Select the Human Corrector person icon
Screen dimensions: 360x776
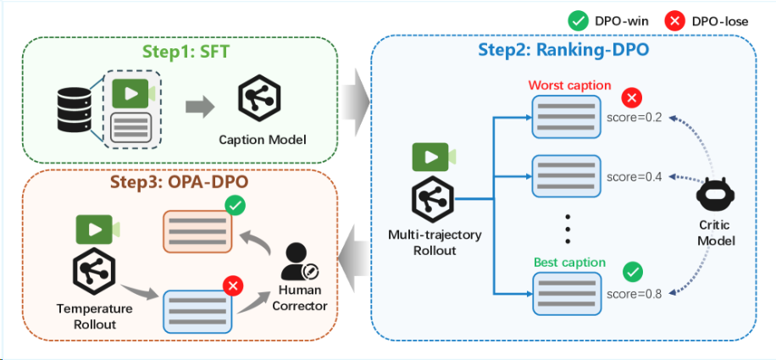pos(298,263)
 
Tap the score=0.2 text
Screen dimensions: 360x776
pos(634,116)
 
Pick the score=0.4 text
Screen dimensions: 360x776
pos(634,177)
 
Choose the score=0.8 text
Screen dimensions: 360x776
pos(634,293)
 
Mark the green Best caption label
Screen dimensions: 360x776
pos(569,263)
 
